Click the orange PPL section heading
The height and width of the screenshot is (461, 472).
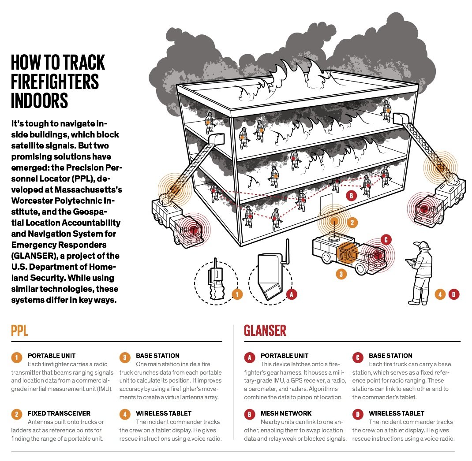(x=19, y=331)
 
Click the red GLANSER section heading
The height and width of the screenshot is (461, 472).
(x=265, y=331)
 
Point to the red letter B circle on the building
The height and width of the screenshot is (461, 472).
(x=351, y=196)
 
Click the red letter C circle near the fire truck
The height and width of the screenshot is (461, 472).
(x=385, y=240)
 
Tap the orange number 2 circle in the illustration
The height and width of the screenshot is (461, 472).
(x=352, y=223)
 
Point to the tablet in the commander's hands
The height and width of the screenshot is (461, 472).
(x=410, y=262)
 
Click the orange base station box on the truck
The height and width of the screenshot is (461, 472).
(x=348, y=254)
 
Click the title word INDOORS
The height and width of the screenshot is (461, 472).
(x=40, y=100)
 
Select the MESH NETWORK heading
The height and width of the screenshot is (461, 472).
(x=286, y=413)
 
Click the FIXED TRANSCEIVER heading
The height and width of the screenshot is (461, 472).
(x=59, y=413)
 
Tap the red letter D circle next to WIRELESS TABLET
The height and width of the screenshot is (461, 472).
(x=358, y=414)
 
